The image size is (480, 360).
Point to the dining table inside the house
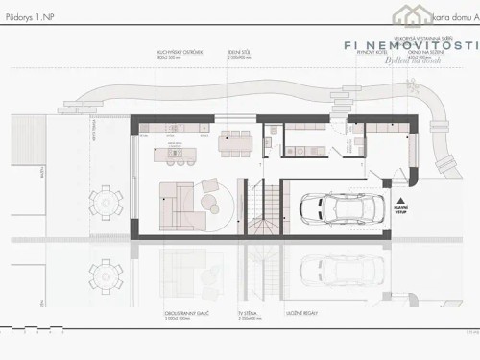click(233, 141)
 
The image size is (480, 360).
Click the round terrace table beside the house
click(105, 202)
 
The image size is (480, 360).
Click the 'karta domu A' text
click(454, 18)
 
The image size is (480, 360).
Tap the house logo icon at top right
click(411, 14)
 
